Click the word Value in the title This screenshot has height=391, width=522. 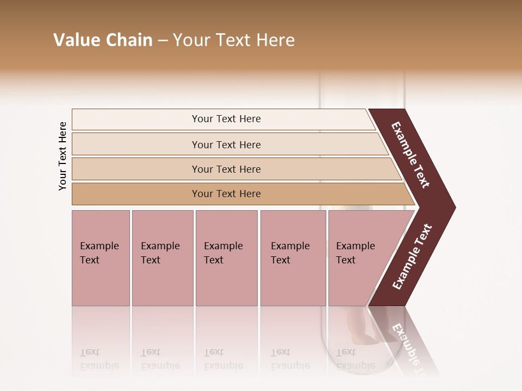(x=76, y=40)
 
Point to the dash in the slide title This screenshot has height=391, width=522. (x=163, y=41)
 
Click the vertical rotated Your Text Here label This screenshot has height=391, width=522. (x=63, y=156)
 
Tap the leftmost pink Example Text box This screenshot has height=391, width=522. (x=101, y=258)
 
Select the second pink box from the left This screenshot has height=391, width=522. (x=162, y=258)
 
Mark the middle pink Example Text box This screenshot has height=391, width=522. (x=226, y=258)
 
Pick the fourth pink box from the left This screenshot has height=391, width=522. (x=293, y=258)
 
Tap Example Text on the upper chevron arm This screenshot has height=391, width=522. (x=411, y=155)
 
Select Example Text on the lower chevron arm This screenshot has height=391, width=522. (x=412, y=256)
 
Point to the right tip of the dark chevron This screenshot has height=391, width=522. (x=454, y=207)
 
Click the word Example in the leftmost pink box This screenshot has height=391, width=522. (x=99, y=246)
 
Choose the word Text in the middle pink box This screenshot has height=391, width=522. (x=214, y=260)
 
